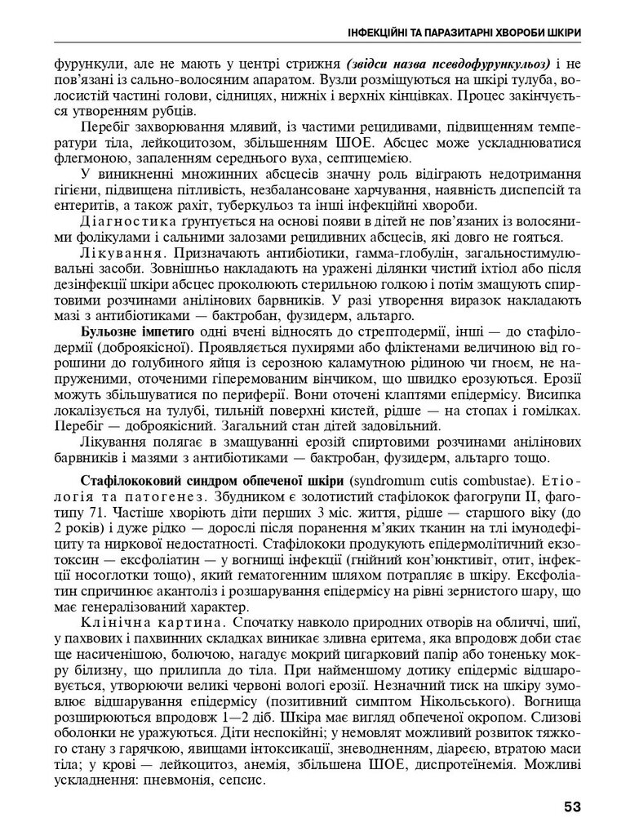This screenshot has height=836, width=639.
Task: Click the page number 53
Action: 571,807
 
